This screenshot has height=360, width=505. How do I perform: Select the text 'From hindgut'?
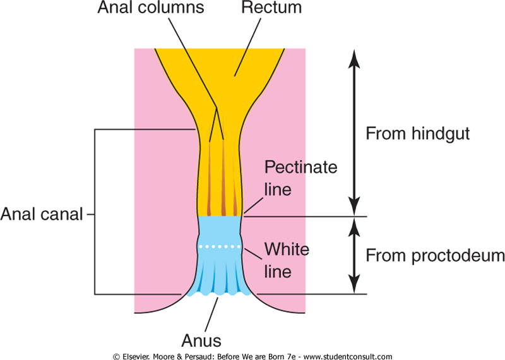418,134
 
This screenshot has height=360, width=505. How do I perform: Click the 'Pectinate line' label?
300,178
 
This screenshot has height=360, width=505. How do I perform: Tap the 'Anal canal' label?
42,215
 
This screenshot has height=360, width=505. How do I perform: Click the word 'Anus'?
203,341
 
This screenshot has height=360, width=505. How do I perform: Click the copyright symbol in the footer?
116,356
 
